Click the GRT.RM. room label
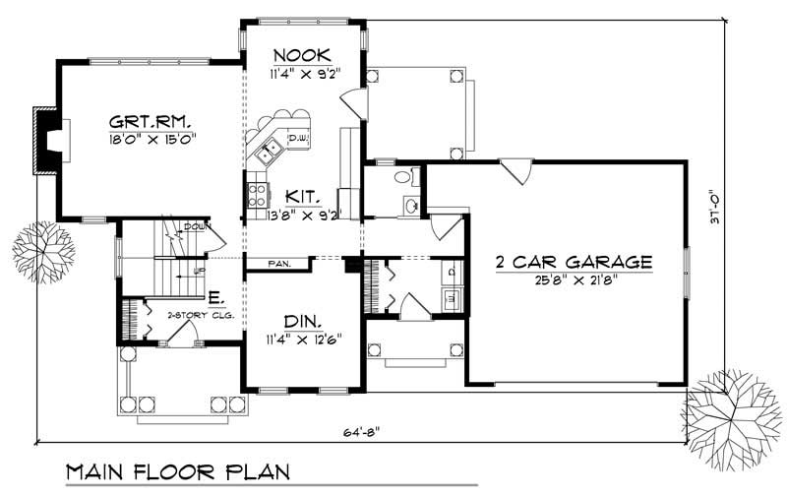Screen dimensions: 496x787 (151, 122)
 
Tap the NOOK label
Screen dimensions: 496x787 (302, 54)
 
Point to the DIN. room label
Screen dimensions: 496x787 (301, 323)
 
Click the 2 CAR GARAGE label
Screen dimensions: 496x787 (575, 262)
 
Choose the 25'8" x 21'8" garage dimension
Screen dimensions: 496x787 (575, 279)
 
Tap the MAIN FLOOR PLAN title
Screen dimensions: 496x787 (177, 472)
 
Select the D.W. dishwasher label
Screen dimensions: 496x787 (298, 139)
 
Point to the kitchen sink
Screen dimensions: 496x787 (268, 151)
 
